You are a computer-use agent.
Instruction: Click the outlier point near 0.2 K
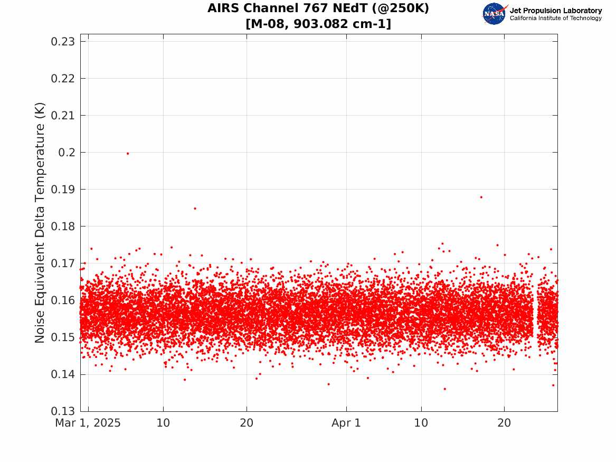(x=128, y=154)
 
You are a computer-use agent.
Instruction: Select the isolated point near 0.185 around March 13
(x=195, y=208)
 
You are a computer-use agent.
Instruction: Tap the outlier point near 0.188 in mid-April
(x=481, y=197)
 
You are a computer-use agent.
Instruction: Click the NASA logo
(x=495, y=14)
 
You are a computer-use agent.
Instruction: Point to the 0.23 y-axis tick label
(x=63, y=42)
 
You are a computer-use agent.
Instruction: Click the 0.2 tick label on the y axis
(x=67, y=153)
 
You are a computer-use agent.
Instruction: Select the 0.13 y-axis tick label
(x=63, y=411)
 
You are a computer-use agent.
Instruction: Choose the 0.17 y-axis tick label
(x=63, y=263)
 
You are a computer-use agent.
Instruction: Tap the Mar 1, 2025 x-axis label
(x=88, y=423)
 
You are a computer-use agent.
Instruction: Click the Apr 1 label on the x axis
(x=346, y=423)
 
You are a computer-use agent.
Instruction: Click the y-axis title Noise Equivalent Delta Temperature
(x=40, y=223)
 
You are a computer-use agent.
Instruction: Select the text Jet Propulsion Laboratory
(x=556, y=11)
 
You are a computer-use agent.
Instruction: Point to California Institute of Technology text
(x=556, y=18)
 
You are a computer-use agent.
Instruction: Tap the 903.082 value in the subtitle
(x=321, y=24)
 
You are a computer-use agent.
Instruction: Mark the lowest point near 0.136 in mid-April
(x=445, y=389)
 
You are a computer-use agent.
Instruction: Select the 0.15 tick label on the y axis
(x=63, y=337)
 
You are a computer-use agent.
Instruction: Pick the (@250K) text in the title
(x=400, y=8)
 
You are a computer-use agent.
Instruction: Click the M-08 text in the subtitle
(x=268, y=24)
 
